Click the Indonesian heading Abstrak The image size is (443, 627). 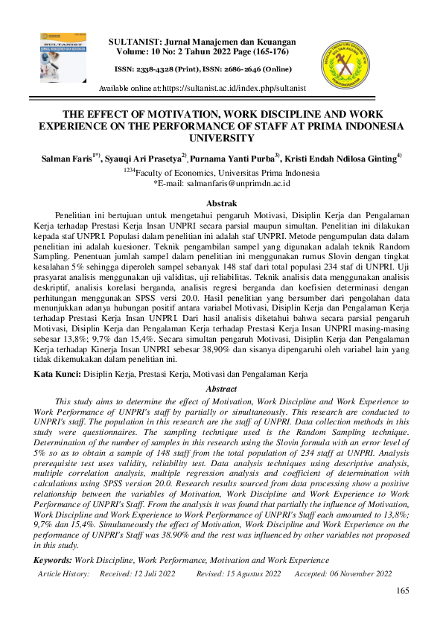click(x=221, y=203)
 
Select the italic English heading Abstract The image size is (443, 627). click(x=221, y=389)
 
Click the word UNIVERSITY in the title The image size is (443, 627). click(x=221, y=138)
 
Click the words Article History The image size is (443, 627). click(x=63, y=573)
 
